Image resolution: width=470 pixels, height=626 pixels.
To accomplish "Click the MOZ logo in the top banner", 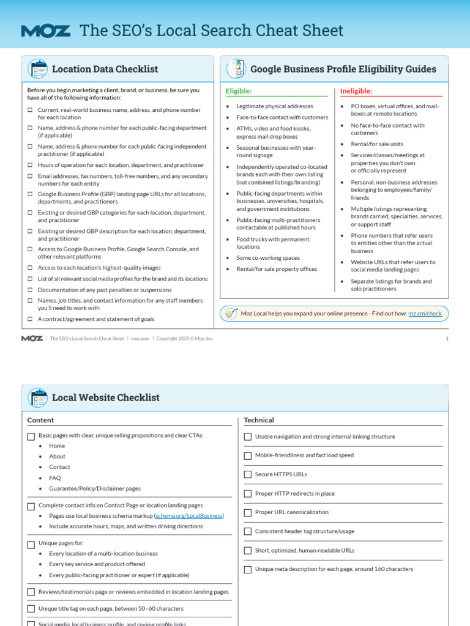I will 45,31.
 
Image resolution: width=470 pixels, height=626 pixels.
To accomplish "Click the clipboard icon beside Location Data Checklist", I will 37,69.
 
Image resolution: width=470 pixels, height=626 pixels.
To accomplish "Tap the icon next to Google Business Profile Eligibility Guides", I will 236,69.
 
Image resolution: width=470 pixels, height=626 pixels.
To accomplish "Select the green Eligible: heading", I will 239,91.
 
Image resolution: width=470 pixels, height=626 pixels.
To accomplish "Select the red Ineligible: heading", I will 356,91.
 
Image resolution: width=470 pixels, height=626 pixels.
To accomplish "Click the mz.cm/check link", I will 425,314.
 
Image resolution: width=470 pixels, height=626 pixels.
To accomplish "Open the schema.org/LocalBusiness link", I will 189,516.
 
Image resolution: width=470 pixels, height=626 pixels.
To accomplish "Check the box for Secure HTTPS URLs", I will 248,474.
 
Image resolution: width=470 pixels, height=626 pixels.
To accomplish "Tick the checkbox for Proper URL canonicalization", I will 248,512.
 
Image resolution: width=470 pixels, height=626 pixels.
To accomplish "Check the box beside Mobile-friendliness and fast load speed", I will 248,455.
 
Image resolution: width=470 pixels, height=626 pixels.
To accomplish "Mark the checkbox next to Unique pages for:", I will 31,543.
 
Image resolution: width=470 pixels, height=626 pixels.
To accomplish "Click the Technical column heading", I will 259,420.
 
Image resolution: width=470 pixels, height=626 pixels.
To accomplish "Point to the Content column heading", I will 40,420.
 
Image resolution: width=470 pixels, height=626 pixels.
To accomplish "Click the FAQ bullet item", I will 55,478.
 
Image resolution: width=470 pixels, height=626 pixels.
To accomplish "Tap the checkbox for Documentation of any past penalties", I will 30,290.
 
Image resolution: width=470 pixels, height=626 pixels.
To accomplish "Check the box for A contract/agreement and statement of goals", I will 30,319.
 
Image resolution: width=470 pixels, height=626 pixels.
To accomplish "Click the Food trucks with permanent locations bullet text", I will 272,243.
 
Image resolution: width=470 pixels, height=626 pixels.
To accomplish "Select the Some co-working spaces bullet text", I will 268,258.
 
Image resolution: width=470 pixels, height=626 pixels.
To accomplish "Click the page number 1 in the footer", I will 447,338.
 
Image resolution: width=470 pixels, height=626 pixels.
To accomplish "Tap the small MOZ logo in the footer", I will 32,338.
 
